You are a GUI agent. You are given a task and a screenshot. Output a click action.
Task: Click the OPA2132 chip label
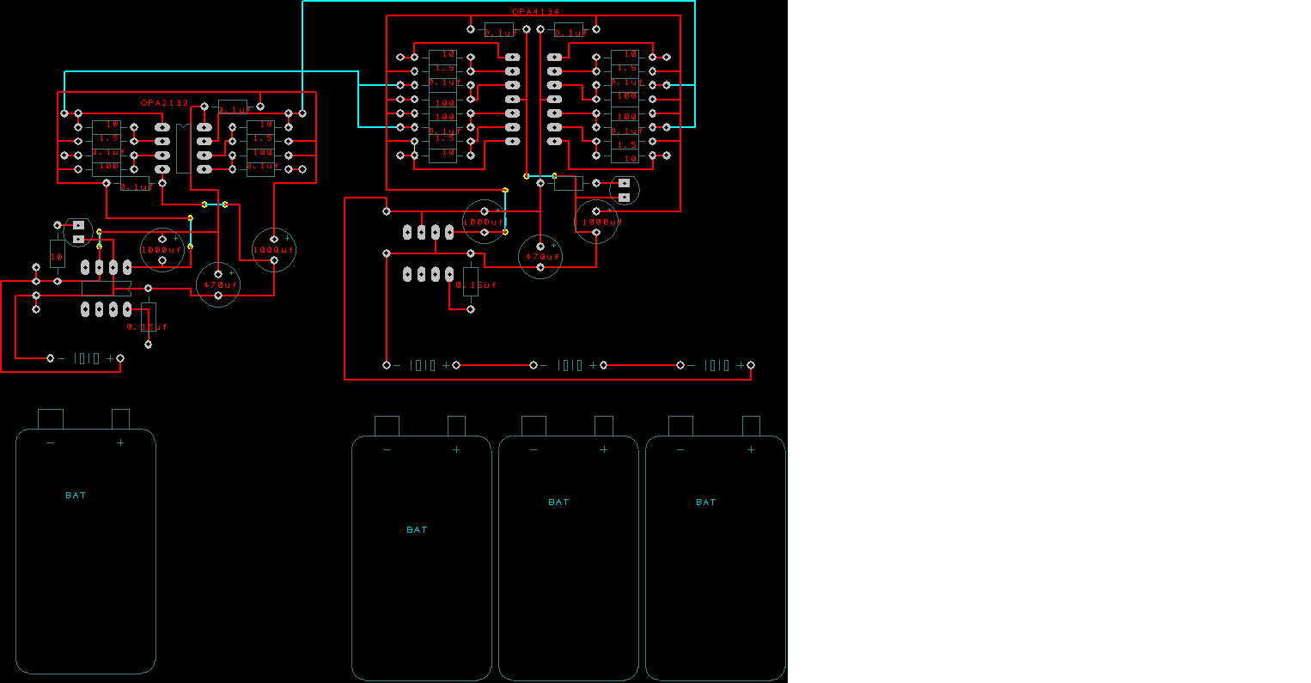[164, 102]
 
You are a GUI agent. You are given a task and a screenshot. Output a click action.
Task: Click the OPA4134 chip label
[536, 12]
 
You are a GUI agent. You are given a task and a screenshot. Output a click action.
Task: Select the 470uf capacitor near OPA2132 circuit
[218, 284]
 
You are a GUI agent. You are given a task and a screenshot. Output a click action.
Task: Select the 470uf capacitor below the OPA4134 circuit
[540, 256]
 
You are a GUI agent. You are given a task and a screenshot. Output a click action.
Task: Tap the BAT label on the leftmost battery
[76, 495]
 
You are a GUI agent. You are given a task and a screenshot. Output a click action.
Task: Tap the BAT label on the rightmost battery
[705, 502]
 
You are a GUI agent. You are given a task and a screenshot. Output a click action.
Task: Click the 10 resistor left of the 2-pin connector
[57, 257]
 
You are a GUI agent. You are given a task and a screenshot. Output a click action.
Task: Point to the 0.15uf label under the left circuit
[147, 327]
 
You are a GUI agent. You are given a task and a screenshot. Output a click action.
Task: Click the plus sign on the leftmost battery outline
[120, 442]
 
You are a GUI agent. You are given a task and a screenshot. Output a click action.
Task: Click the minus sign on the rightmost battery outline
[680, 449]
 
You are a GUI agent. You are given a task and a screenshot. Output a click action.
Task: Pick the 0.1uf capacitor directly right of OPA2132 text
[232, 107]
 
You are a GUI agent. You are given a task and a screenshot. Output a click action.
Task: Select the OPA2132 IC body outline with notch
[183, 149]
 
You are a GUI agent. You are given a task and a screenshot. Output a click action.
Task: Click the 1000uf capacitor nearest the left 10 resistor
[162, 249]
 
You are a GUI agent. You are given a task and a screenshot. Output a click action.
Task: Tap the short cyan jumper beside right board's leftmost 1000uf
[505, 210]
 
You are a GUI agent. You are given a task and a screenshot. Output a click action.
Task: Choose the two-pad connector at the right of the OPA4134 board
[625, 190]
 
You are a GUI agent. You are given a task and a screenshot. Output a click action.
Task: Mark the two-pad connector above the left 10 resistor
[78, 230]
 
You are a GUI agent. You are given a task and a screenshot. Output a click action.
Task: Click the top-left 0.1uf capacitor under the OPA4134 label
[498, 30]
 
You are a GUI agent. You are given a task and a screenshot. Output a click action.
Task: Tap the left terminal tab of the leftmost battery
[51, 418]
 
